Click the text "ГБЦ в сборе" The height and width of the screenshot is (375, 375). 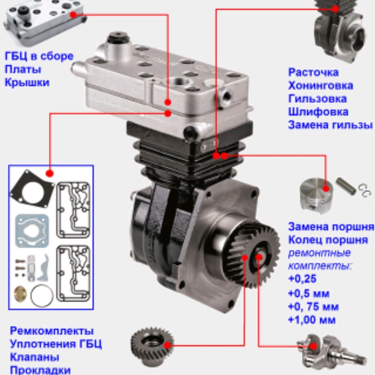39,56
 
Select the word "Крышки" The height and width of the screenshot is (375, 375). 27,83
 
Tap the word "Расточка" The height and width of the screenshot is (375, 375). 313,72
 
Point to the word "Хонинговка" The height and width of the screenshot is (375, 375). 320,85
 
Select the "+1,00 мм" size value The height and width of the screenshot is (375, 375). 312,320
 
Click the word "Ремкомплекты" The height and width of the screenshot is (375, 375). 52,331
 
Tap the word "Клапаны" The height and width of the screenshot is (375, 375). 34,357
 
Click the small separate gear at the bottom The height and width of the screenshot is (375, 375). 151,346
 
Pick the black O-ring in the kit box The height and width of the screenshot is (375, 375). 42,295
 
